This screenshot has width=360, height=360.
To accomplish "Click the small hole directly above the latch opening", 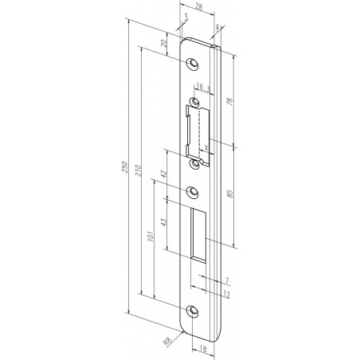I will tap(194, 102).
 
